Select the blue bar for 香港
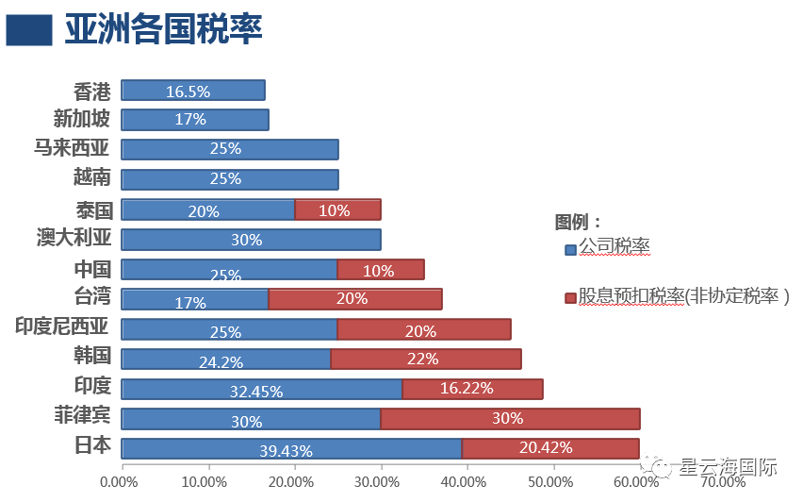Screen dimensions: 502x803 tap(193, 91)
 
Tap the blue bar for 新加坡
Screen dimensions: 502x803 tap(195, 120)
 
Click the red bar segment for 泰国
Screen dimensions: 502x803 tap(337, 209)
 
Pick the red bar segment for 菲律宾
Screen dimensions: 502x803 tap(510, 418)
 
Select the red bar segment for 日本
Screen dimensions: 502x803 tap(549, 447)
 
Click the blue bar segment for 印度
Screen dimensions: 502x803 tap(262, 389)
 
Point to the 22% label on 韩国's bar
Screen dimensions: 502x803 tap(423, 359)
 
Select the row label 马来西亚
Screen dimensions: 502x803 tap(72, 148)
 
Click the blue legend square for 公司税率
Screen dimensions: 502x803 tap(569, 250)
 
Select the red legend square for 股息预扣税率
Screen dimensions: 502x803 tap(569, 298)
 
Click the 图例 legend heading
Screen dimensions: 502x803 tap(578, 222)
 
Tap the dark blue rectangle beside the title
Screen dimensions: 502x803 tap(29, 30)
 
